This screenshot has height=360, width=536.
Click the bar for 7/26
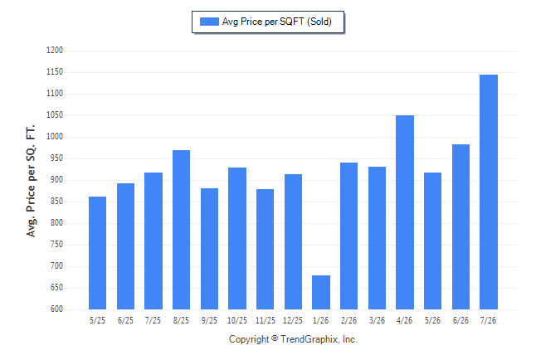489,192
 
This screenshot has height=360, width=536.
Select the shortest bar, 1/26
321,292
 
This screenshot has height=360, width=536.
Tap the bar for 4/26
405,212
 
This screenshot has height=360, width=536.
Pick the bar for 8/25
181,230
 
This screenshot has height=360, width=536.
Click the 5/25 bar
97,253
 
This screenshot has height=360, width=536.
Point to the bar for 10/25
237,238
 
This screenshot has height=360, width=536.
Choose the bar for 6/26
460,226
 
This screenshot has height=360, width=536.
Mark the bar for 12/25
293,241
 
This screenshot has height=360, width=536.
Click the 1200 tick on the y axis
55,51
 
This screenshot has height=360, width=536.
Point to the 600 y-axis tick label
56,309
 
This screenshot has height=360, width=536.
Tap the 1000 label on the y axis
55,136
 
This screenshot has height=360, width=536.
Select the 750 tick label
56,245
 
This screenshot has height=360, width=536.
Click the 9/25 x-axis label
209,320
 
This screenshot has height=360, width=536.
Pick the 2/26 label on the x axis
348,320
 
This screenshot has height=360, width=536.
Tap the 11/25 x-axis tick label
266,320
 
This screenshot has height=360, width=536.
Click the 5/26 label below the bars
433,320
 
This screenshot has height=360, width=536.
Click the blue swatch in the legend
209,22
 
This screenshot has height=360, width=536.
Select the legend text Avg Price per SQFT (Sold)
277,22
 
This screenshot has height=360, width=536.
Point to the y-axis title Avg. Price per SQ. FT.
31,181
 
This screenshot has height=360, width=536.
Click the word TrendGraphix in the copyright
309,339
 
